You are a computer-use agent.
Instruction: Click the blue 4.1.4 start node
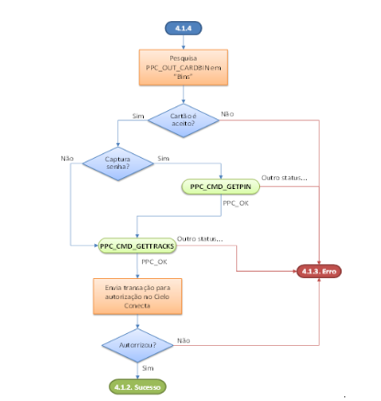pos(183,28)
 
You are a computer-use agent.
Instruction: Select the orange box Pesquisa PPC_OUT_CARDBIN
pos(183,67)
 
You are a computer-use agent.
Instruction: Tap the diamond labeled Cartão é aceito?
pos(183,120)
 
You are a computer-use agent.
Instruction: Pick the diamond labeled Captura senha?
pos(118,163)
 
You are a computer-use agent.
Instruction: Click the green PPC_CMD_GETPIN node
pos(221,186)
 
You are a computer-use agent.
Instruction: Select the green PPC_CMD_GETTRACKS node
pos(137,246)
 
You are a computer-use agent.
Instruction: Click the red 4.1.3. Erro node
pos(319,271)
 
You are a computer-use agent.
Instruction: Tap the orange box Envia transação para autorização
pos(137,296)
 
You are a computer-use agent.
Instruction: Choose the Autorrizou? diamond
pos(137,345)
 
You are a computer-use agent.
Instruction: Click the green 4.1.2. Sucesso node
pos(137,387)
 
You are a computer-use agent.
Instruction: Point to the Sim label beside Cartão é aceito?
pos(138,117)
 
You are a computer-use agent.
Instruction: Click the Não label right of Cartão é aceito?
pos(227,114)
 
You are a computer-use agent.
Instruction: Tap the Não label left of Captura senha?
pos(67,159)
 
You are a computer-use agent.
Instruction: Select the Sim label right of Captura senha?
pos(163,159)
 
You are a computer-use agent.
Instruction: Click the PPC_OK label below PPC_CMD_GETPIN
pos(235,204)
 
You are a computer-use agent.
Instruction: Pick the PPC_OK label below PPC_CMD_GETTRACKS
pos(154,262)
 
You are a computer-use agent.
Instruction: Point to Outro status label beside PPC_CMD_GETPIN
pos(284,178)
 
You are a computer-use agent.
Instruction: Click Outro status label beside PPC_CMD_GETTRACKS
pos(200,239)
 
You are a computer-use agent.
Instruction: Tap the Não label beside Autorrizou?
pos(183,340)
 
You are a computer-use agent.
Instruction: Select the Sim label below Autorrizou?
pos(147,368)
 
